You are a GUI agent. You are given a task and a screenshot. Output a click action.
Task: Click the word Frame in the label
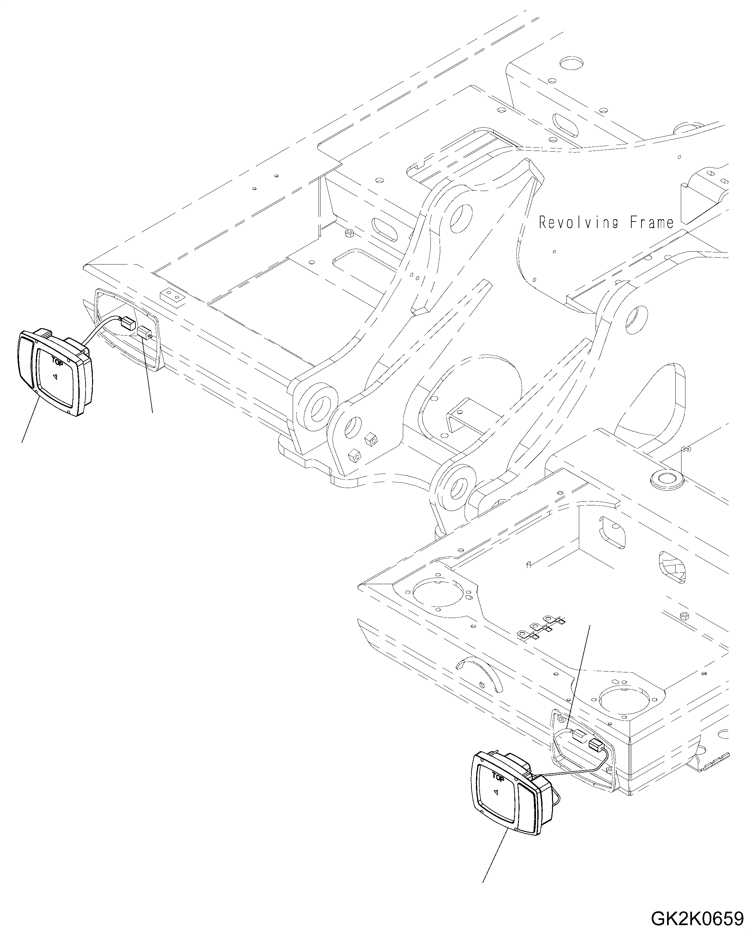click(652, 223)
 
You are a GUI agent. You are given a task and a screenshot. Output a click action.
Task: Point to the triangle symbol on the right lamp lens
click(497, 792)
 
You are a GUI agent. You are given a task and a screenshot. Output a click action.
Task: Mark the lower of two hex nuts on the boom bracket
click(354, 456)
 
